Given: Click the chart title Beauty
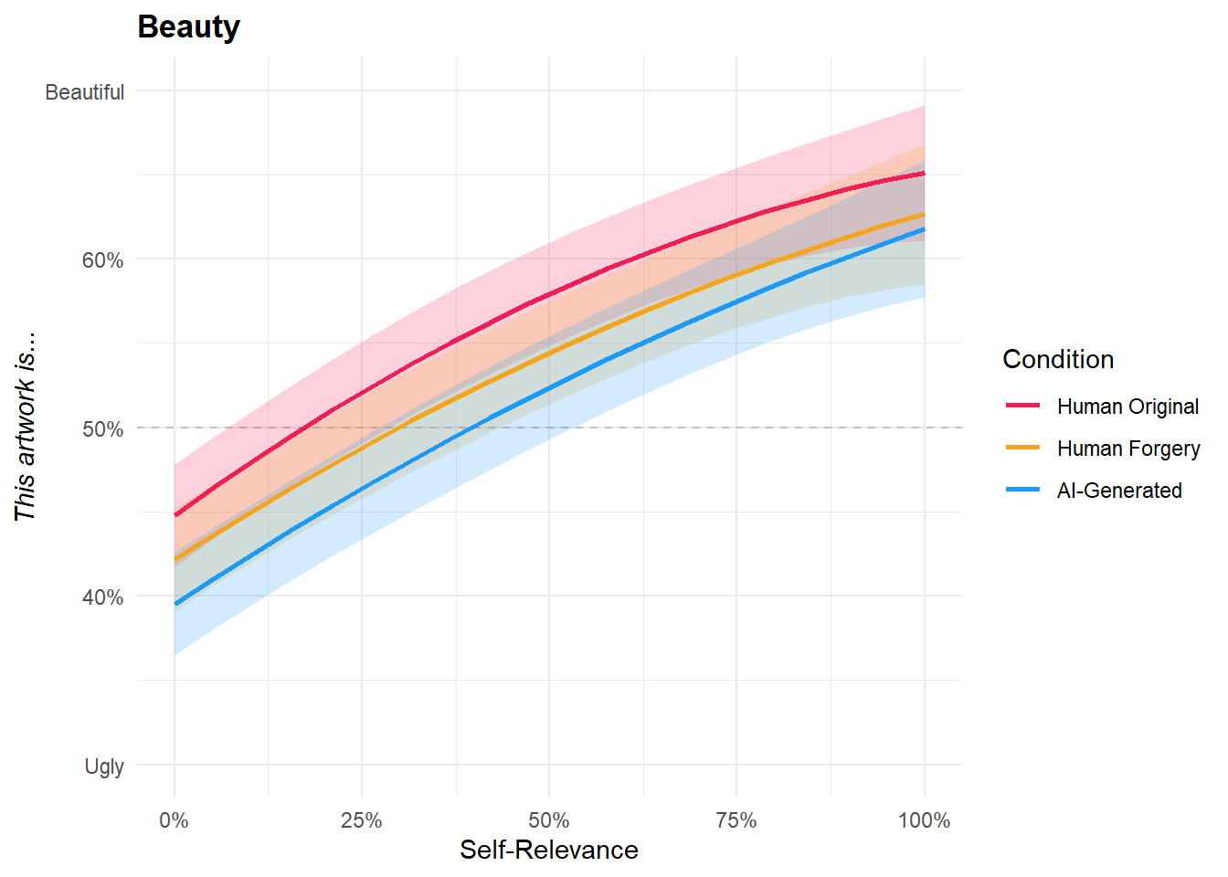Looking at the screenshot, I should pyautogui.click(x=188, y=27).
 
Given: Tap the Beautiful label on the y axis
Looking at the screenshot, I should pyautogui.click(x=84, y=92).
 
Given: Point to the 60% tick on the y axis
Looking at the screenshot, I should pyautogui.click(x=102, y=260).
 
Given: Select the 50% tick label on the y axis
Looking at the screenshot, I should pyautogui.click(x=102, y=429).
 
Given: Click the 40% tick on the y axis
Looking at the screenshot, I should pyautogui.click(x=102, y=597).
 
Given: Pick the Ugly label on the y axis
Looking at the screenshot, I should pyautogui.click(x=104, y=766).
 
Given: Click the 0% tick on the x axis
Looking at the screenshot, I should pyautogui.click(x=174, y=820).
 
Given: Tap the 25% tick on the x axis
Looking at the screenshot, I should pyautogui.click(x=361, y=820).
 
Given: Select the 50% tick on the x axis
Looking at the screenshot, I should pyautogui.click(x=549, y=820).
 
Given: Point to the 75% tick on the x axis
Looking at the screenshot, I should pyautogui.click(x=736, y=820).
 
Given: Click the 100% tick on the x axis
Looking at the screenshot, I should pyautogui.click(x=924, y=820).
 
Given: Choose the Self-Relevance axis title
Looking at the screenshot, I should pyautogui.click(x=549, y=851).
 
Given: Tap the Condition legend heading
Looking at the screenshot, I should pyautogui.click(x=1058, y=359).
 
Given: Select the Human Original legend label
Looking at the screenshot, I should pyautogui.click(x=1127, y=407).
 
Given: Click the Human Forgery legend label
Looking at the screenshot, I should pyautogui.click(x=1128, y=449).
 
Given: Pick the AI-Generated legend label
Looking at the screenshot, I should pyautogui.click(x=1119, y=491).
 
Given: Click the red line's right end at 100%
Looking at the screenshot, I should pyautogui.click(x=924, y=174).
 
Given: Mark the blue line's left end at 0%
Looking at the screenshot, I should pyautogui.click(x=175, y=604).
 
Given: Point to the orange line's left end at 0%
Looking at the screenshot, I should pyautogui.click(x=175, y=559).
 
